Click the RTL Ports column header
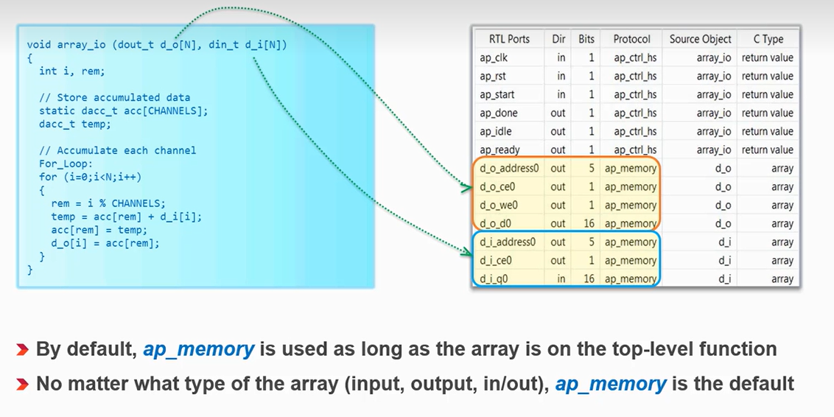click(509, 39)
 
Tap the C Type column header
click(768, 39)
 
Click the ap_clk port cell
click(494, 57)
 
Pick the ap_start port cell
click(497, 94)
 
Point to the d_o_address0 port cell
click(509, 168)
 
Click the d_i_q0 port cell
click(495, 278)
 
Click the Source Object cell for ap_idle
click(713, 131)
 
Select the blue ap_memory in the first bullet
click(198, 349)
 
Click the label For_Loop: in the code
click(66, 164)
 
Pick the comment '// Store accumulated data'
click(114, 97)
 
